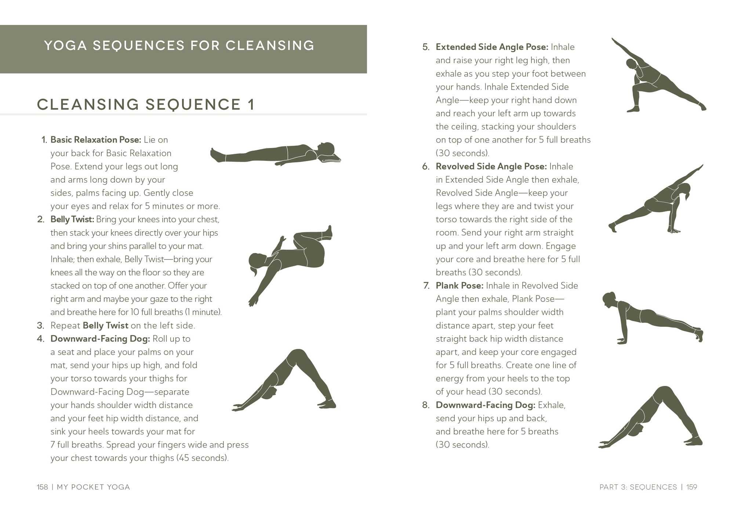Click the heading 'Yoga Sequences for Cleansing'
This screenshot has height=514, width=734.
pyautogui.click(x=179, y=46)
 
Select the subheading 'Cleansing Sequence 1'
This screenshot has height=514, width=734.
pyautogui.click(x=146, y=104)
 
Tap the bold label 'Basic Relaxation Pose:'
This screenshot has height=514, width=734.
pyautogui.click(x=96, y=140)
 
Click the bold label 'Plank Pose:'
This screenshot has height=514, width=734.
pyautogui.click(x=459, y=286)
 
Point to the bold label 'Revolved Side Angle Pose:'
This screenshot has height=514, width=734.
pyautogui.click(x=491, y=166)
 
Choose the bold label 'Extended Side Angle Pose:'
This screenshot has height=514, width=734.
pyautogui.click(x=492, y=47)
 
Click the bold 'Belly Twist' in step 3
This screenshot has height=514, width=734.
pyautogui.click(x=106, y=326)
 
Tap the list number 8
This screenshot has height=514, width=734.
pyautogui.click(x=426, y=405)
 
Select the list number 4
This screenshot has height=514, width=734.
pyautogui.click(x=40, y=339)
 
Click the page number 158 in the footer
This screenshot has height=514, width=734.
pyautogui.click(x=42, y=487)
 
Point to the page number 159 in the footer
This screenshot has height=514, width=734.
pyautogui.click(x=692, y=487)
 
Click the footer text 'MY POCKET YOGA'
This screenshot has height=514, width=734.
pyautogui.click(x=94, y=487)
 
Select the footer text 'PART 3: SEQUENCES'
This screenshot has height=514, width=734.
pyautogui.click(x=638, y=487)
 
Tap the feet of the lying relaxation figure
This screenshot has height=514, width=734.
pyautogui.click(x=217, y=155)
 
